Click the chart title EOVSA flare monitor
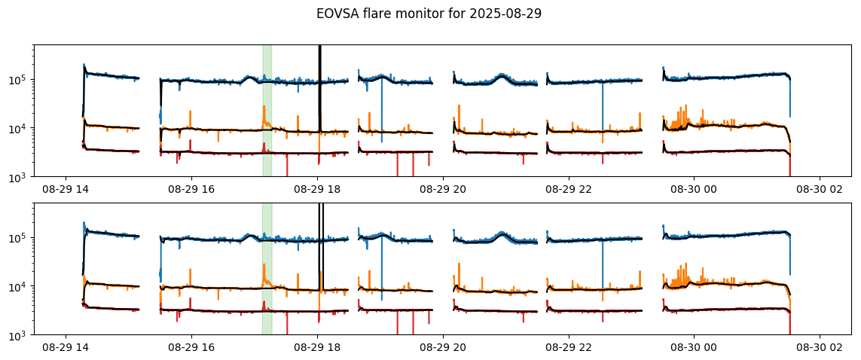(398, 13)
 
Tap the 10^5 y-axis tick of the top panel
(20, 80)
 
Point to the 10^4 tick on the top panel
(20, 129)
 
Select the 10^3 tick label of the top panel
(20, 177)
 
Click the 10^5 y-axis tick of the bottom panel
(20, 238)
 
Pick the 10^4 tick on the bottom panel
(20, 287)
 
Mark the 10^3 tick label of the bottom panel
(20, 335)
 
